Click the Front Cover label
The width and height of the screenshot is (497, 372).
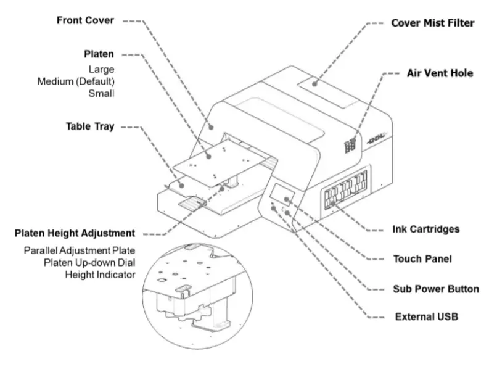(x=85, y=20)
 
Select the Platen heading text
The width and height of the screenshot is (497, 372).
(x=99, y=54)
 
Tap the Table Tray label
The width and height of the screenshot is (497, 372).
(x=90, y=126)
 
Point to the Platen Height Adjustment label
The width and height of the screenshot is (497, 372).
(x=74, y=233)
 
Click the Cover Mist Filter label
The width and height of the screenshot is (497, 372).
(x=433, y=23)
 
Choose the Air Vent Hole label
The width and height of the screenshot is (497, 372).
(x=440, y=73)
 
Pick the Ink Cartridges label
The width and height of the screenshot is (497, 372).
(x=426, y=229)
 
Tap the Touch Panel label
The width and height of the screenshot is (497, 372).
(x=422, y=259)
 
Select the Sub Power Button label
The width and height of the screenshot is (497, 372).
(x=436, y=288)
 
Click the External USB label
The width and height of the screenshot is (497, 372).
(x=426, y=317)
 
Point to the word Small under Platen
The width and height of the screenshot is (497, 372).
(x=101, y=94)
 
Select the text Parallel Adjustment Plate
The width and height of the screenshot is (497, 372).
(x=79, y=251)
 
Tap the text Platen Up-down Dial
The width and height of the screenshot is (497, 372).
(x=89, y=263)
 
